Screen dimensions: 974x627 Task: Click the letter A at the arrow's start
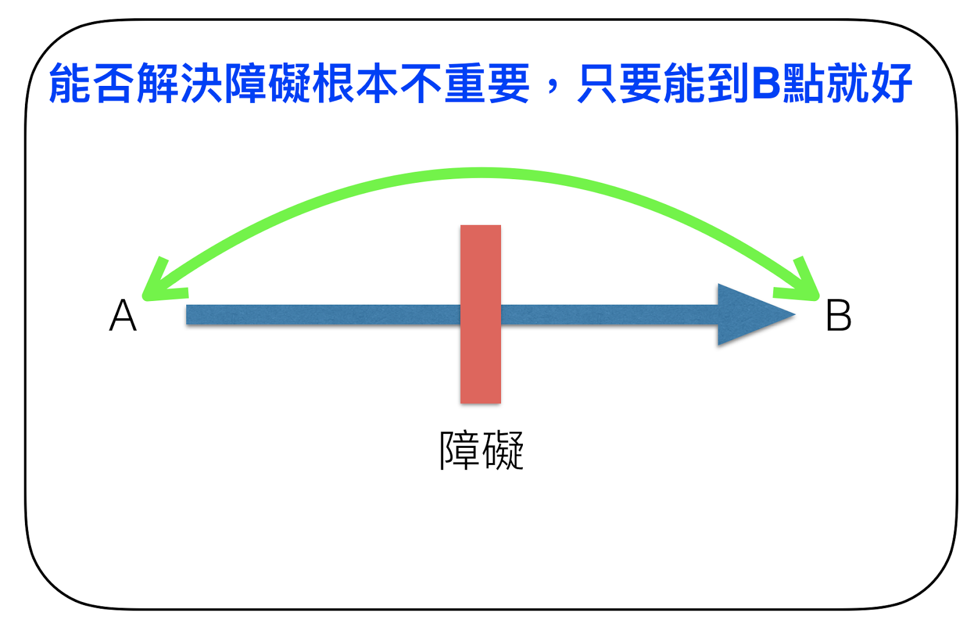(x=123, y=316)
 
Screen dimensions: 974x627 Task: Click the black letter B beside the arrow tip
(x=838, y=316)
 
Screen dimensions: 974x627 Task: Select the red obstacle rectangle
(x=480, y=314)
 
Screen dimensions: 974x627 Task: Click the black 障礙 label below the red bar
(x=481, y=451)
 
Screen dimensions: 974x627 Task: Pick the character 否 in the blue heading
(x=114, y=83)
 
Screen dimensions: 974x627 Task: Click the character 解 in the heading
(x=158, y=83)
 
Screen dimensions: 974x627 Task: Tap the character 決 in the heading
(x=202, y=83)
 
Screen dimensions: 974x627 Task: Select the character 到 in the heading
(x=729, y=83)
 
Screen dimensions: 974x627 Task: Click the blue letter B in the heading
(x=766, y=83)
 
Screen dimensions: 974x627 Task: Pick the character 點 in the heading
(x=804, y=83)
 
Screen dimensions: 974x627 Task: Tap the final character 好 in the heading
(x=891, y=83)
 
